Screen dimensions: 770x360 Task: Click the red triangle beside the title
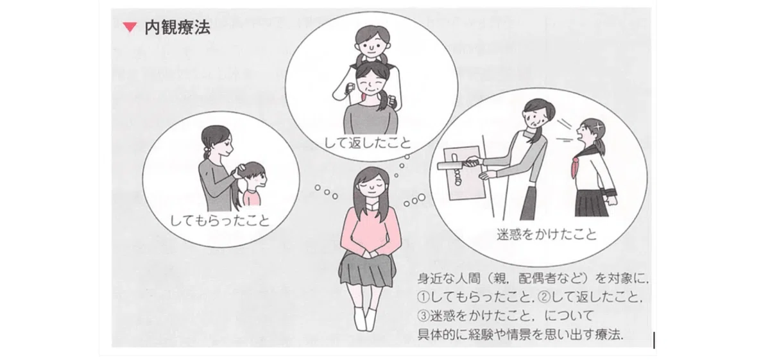click(130, 27)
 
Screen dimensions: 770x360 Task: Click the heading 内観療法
click(177, 28)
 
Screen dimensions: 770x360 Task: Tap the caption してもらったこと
click(220, 221)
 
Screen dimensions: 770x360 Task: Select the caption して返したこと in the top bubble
click(368, 143)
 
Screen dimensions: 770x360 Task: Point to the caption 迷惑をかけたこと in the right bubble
click(547, 234)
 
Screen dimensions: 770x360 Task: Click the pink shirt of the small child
click(252, 196)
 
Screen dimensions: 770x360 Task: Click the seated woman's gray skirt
click(367, 270)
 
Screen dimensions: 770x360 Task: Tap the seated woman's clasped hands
click(370, 255)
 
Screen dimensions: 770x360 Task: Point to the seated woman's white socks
click(364, 318)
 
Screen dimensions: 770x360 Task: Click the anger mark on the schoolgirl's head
click(599, 126)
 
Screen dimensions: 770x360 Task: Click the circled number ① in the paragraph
click(424, 297)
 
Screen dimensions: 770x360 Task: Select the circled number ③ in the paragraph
click(424, 316)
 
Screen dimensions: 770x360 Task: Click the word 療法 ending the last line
click(608, 334)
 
